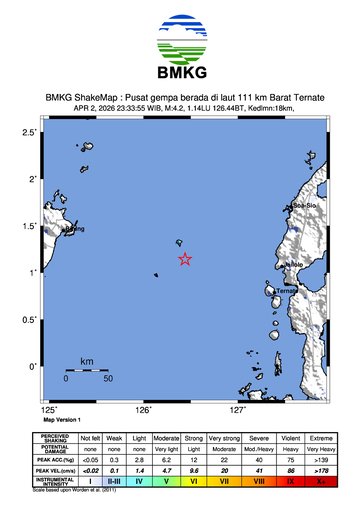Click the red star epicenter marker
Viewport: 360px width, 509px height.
click(x=185, y=259)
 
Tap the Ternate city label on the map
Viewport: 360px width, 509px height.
click(x=288, y=291)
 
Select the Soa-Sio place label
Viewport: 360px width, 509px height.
click(x=304, y=206)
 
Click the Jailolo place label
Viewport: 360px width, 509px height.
click(x=294, y=265)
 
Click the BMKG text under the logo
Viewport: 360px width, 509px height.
click(x=180, y=73)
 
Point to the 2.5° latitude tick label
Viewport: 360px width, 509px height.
click(x=30, y=132)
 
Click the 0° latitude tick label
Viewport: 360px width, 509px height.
click(x=33, y=366)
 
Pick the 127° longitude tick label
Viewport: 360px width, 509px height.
click(x=238, y=410)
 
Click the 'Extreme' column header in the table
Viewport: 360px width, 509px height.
click(x=322, y=438)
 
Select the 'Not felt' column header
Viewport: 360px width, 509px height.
click(x=90, y=438)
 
